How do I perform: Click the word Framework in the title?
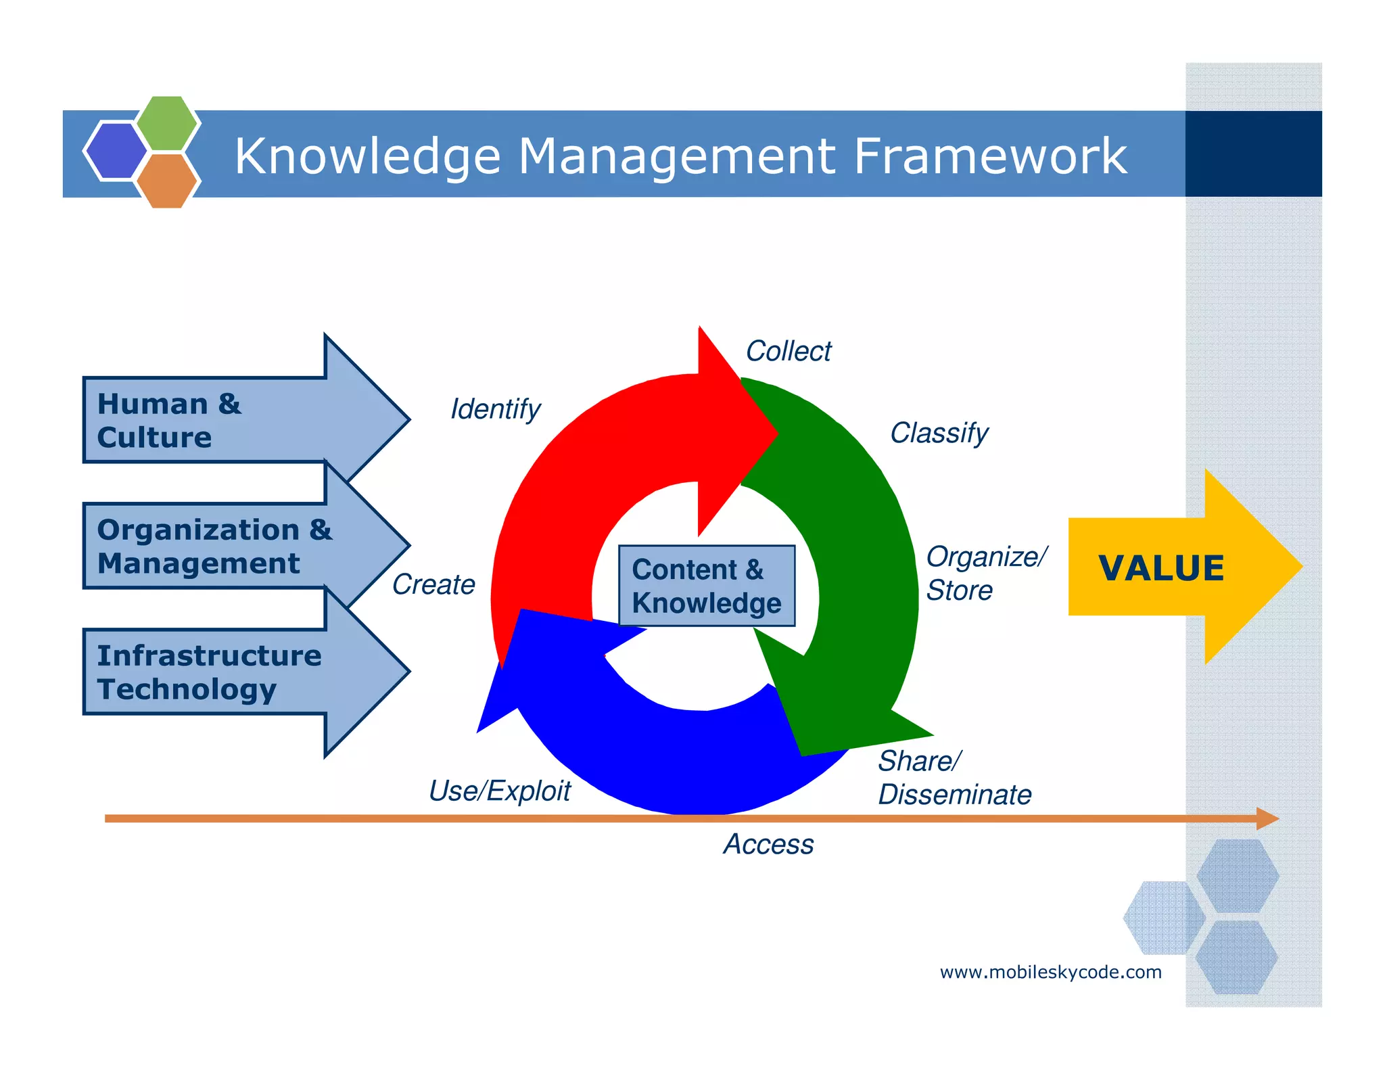point(989,156)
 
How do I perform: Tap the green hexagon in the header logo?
point(167,123)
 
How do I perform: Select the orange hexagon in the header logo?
point(166,181)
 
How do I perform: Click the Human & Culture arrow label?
point(169,420)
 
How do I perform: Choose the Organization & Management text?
point(214,546)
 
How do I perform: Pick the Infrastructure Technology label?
point(208,672)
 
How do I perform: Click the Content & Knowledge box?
point(707,586)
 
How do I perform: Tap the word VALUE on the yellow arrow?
point(1161,567)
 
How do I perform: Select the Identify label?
point(495,409)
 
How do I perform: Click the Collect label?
point(788,351)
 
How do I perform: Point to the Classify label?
point(939,433)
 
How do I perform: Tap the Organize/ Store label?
point(985,573)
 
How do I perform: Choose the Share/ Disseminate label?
point(954,778)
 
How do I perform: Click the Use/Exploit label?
point(499,791)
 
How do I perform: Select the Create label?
point(433,584)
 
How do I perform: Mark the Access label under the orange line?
point(768,844)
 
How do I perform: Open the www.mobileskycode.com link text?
point(1050,972)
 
